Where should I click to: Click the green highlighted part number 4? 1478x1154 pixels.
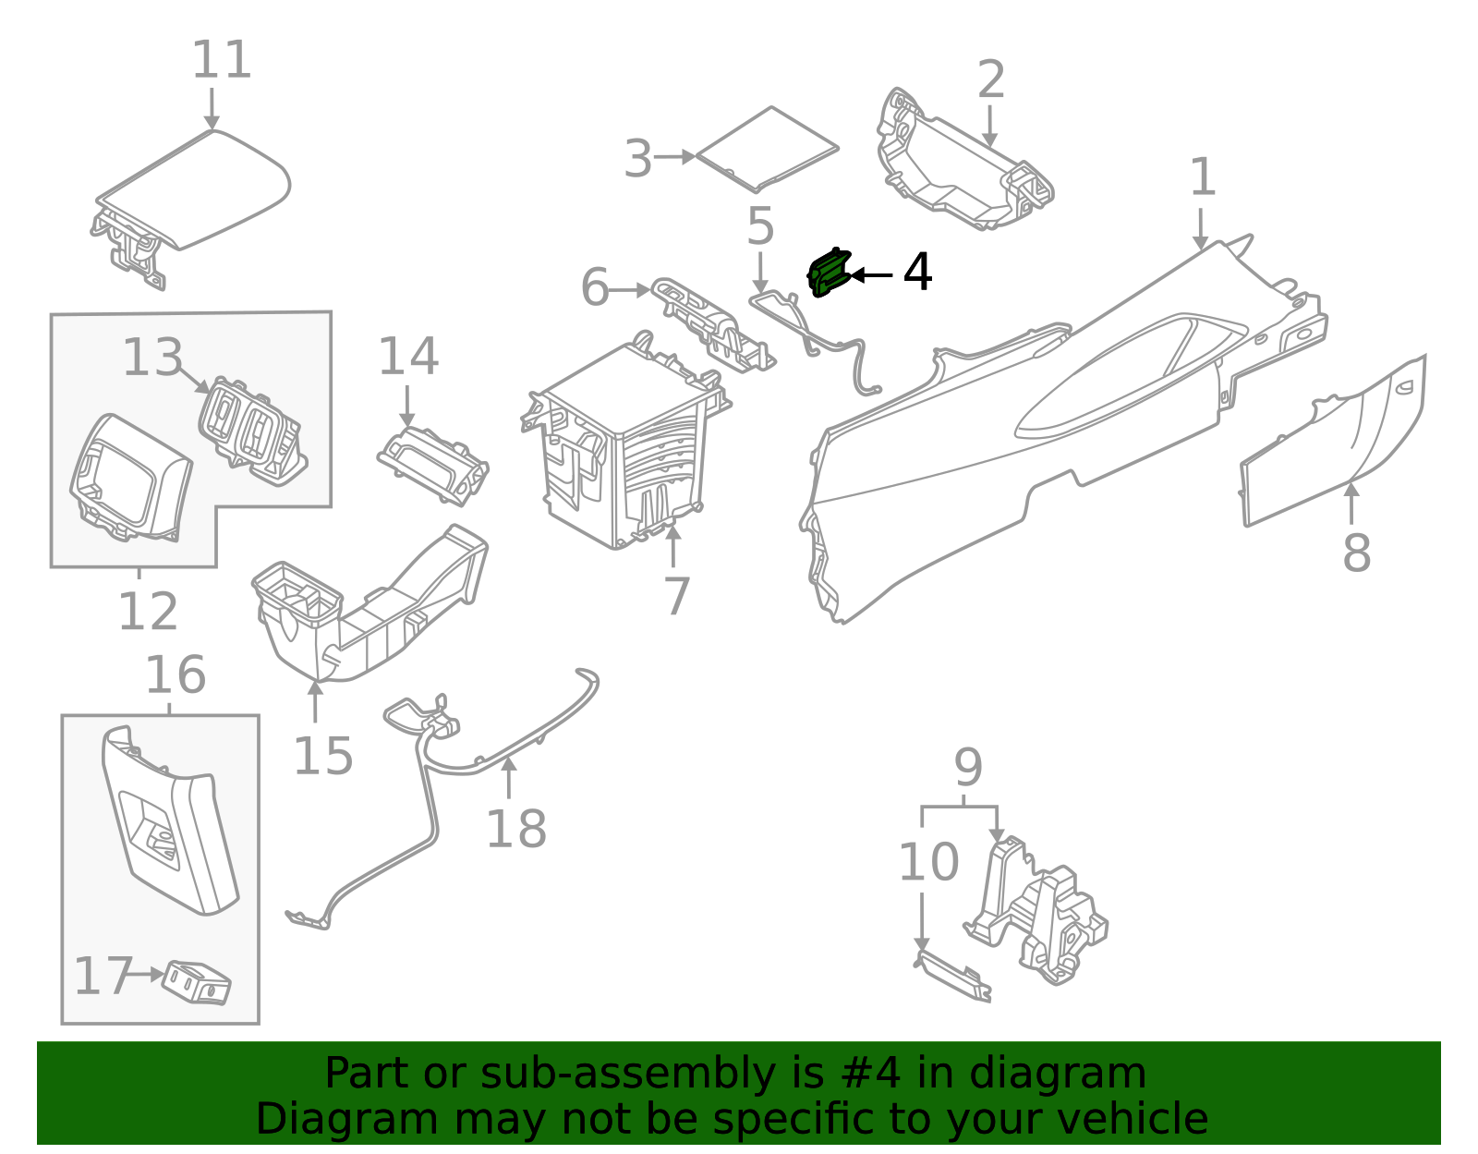point(829,273)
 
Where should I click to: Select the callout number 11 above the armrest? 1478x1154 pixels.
point(222,61)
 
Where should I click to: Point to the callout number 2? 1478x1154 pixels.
point(990,80)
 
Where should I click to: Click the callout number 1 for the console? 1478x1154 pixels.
point(1202,177)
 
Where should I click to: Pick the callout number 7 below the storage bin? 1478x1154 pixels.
point(677,596)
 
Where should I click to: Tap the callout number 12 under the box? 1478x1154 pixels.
point(148,612)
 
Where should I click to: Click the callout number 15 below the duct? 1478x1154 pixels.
point(322,756)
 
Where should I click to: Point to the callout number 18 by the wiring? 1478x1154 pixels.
point(515,828)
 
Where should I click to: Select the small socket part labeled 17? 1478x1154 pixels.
point(196,982)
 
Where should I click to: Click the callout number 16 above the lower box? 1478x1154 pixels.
point(175,674)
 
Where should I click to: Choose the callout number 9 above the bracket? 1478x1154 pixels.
point(967,767)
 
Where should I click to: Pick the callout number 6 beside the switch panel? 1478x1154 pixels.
point(595,287)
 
